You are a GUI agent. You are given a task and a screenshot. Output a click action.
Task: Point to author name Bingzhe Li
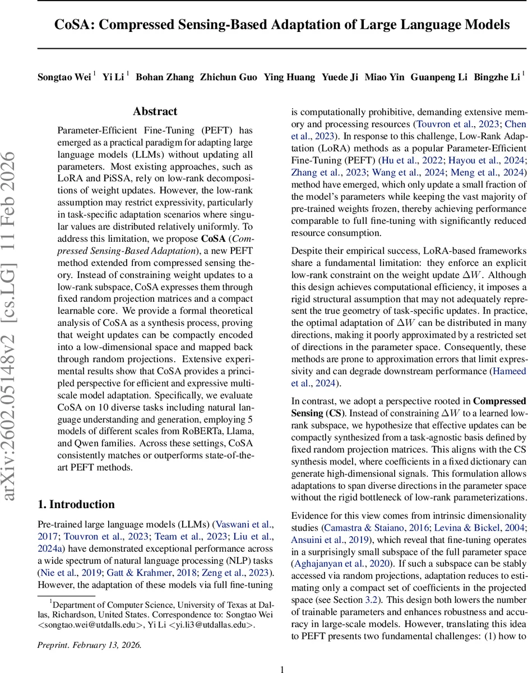[x=495, y=77]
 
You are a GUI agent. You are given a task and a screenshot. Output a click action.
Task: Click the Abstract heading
[x=155, y=112]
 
